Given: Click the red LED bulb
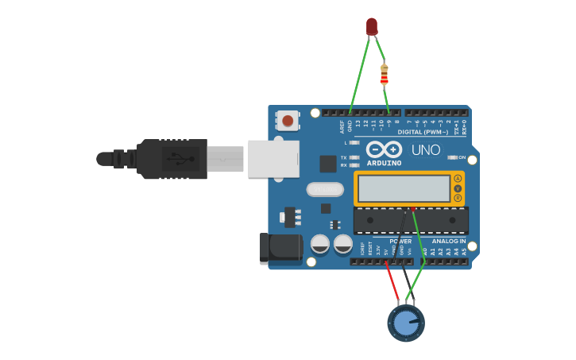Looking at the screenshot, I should point(372,26).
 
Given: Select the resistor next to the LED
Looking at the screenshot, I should point(385,74).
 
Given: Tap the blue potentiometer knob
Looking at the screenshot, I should point(406,323).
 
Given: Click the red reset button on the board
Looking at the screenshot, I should point(288,121).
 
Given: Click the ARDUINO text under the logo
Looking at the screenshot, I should point(384,163).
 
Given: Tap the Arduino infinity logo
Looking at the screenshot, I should point(384,149).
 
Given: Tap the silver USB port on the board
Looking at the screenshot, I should point(273,158).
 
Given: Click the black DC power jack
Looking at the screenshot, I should point(281,249).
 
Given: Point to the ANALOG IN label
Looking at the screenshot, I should point(449,241).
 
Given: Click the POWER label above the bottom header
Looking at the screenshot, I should point(400,241).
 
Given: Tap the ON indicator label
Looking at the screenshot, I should point(462,157).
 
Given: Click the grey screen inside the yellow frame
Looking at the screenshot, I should point(404,189).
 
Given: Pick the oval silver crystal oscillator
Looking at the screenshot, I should point(325,189).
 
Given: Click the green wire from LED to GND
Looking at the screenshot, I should point(359,72).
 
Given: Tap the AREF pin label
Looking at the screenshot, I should point(342,126).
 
